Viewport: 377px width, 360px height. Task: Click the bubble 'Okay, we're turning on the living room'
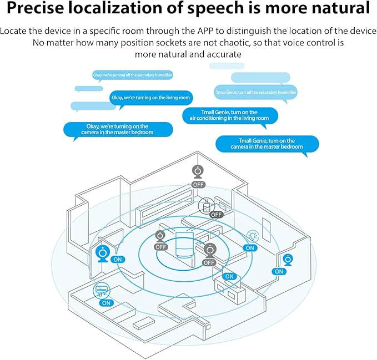click(x=150, y=98)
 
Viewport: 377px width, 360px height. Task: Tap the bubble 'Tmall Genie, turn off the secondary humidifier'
click(x=255, y=92)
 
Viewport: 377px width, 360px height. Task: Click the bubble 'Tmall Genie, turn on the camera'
click(x=267, y=144)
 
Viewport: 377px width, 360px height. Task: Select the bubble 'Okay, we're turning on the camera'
click(x=118, y=129)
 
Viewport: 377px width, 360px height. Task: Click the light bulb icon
click(x=251, y=236)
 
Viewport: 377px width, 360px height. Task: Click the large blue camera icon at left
click(x=103, y=252)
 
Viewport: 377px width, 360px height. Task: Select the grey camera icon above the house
click(x=198, y=171)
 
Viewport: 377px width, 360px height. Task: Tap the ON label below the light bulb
click(x=250, y=248)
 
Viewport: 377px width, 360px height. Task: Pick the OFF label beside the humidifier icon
click(x=216, y=215)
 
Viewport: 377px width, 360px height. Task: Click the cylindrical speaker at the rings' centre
click(x=184, y=246)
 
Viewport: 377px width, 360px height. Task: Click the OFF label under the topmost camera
click(x=198, y=184)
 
